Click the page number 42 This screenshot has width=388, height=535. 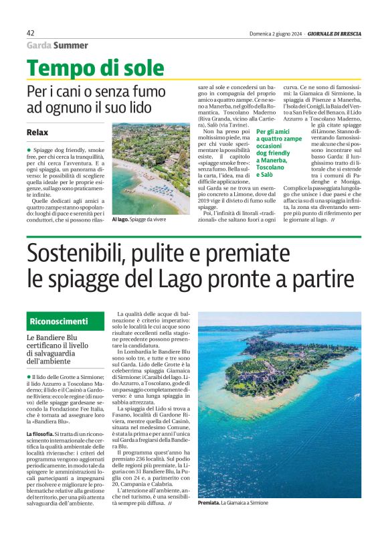(x=30, y=33)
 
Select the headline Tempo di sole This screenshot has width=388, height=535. (x=96, y=68)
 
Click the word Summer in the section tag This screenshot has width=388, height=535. (x=71, y=46)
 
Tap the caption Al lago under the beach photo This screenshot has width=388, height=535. (x=120, y=218)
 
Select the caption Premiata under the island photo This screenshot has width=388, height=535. (x=209, y=502)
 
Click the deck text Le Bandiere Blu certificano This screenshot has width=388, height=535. (x=60, y=351)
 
